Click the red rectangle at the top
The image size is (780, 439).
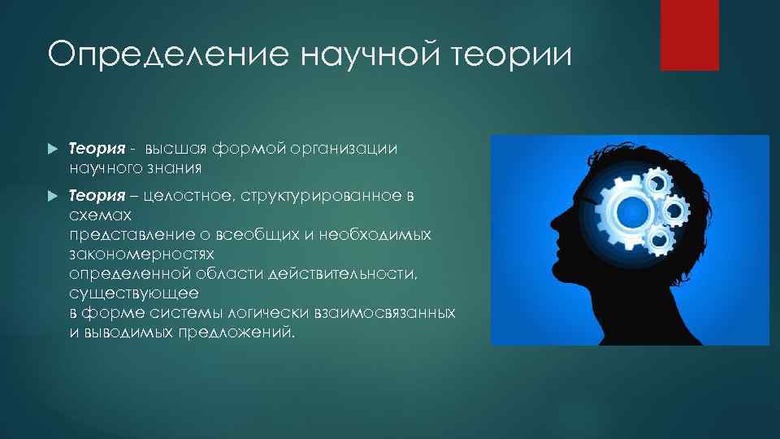tap(689, 34)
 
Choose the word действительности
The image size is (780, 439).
tap(345, 273)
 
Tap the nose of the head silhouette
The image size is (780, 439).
tap(553, 222)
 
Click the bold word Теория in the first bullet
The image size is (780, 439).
tap(97, 149)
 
